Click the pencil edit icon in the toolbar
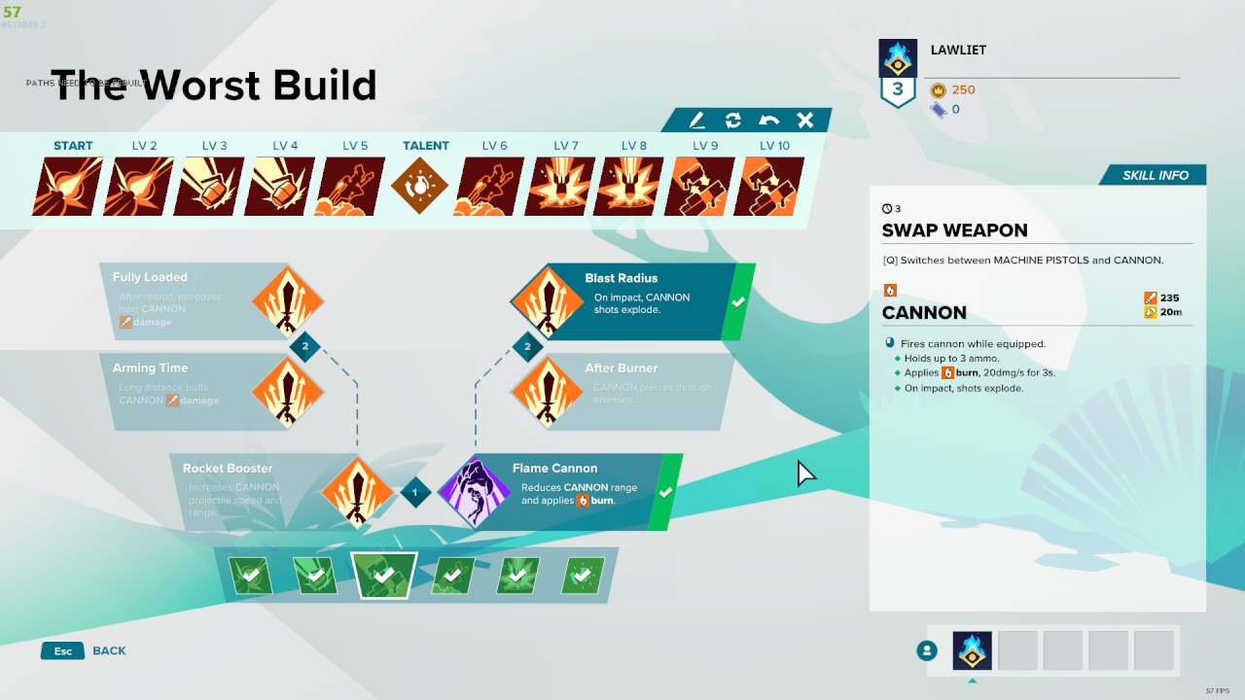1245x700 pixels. [x=697, y=121]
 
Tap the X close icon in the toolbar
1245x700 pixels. [x=805, y=121]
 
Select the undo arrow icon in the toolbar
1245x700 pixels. [x=769, y=121]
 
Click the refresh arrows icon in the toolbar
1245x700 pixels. [x=733, y=121]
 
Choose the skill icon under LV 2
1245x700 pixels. [x=138, y=187]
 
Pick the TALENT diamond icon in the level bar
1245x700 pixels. [x=420, y=187]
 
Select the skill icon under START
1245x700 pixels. [x=68, y=187]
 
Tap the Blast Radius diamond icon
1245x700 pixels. [x=547, y=301]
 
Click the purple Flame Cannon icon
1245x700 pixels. [x=475, y=492]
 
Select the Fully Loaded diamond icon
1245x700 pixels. [x=288, y=301]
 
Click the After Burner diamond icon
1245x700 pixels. [x=547, y=392]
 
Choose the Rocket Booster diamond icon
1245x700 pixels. [x=357, y=492]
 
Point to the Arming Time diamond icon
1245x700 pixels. [x=288, y=392]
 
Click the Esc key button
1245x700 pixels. [x=62, y=650]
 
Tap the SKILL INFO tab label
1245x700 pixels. [x=1156, y=175]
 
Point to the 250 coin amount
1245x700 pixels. [x=963, y=89]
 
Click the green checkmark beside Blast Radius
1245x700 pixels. [x=738, y=302]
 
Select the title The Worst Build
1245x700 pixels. [x=213, y=86]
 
